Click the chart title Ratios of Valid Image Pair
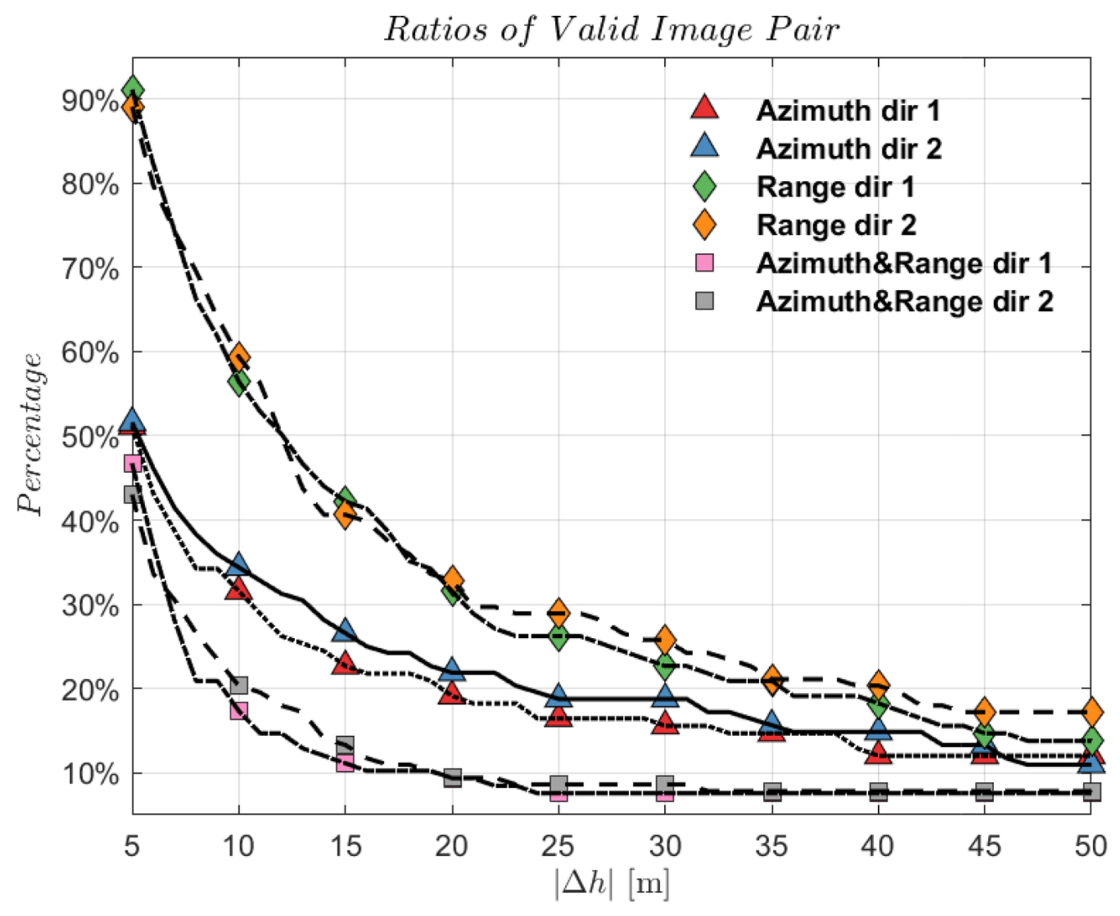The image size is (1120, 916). tap(611, 30)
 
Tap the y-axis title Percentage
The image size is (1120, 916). tap(30, 434)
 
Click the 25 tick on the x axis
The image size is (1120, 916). tap(558, 846)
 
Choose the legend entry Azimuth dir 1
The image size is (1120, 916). tap(848, 111)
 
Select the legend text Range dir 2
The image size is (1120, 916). tap(836, 225)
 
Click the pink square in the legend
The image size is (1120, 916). tap(704, 263)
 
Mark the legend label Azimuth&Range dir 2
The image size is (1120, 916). tap(904, 302)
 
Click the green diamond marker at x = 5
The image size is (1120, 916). tap(133, 88)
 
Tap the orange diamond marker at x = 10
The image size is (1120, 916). tap(239, 356)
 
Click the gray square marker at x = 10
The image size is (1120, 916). tap(239, 685)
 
